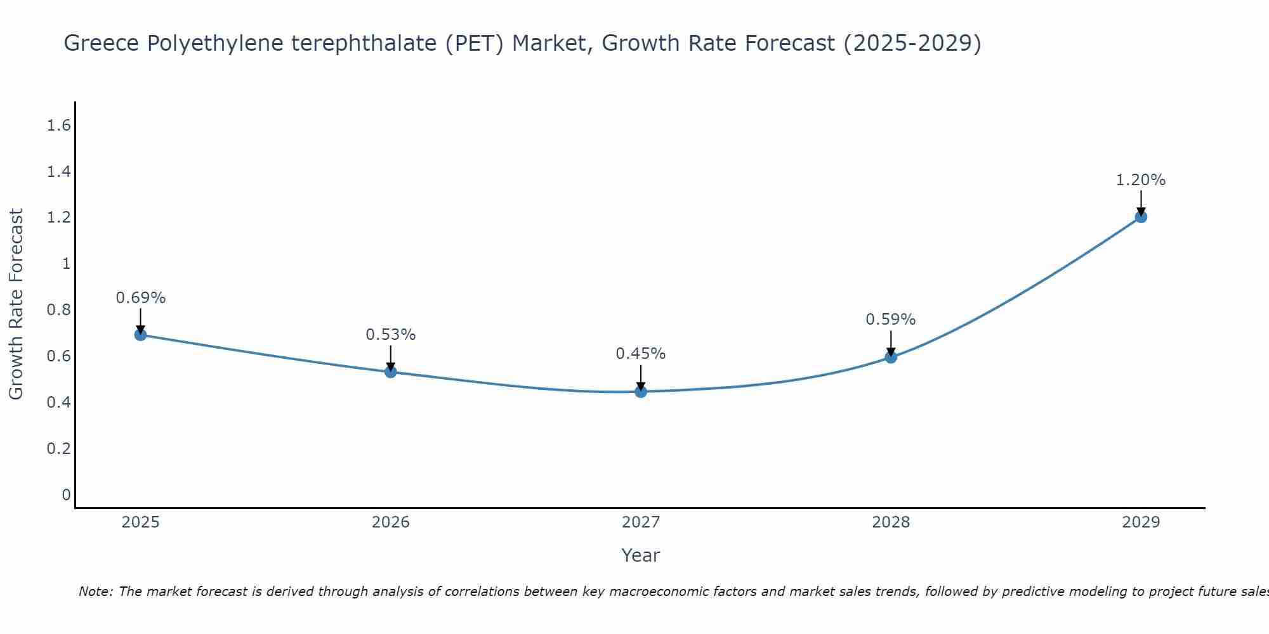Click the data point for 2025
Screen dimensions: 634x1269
coord(141,335)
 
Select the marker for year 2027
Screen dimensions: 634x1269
coord(641,392)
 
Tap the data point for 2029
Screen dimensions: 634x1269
coord(1141,217)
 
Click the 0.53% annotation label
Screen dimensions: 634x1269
coord(391,334)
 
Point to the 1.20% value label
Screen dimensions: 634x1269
coord(1141,180)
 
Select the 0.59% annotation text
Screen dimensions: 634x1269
coord(891,320)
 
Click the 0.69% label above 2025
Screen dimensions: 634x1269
coord(141,298)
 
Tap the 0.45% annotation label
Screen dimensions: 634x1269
coord(641,354)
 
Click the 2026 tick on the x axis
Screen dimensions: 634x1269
coord(391,522)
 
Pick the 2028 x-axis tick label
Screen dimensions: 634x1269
coord(891,522)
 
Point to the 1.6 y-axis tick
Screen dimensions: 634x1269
coord(58,126)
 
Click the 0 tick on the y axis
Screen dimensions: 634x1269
coord(66,495)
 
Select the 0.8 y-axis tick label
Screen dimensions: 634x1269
coord(58,310)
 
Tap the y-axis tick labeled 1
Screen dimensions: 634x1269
coord(66,264)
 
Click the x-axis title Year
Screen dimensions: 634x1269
coord(641,555)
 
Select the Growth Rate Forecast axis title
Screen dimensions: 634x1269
coord(16,304)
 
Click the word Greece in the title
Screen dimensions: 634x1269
coord(102,44)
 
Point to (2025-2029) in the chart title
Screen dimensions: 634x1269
coord(912,44)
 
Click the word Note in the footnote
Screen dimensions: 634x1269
coord(95,592)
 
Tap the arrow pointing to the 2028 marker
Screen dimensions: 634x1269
coord(891,344)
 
